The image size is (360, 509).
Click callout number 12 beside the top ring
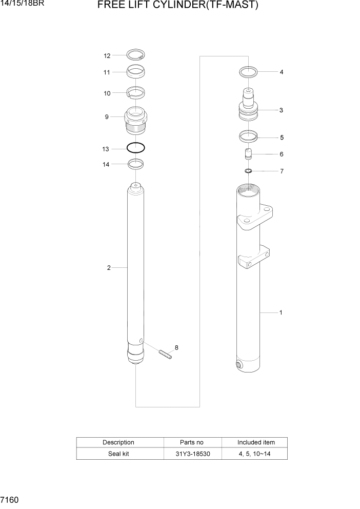click(x=107, y=55)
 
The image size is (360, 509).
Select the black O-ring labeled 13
click(x=135, y=148)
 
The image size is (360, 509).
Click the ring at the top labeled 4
click(x=249, y=72)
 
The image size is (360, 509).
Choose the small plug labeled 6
click(x=248, y=154)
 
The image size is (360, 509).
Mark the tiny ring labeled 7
click(x=248, y=171)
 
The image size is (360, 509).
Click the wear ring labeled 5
click(x=248, y=137)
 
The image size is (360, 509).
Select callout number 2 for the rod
click(x=109, y=267)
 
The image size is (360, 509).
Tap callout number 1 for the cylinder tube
click(x=281, y=312)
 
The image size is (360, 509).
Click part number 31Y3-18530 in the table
click(x=192, y=454)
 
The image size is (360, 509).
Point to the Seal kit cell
click(x=118, y=454)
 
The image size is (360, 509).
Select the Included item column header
click(x=255, y=442)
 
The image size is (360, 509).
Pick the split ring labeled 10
click(x=135, y=93)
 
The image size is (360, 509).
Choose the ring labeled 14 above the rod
click(x=135, y=164)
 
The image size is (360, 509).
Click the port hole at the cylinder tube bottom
click(x=239, y=365)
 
